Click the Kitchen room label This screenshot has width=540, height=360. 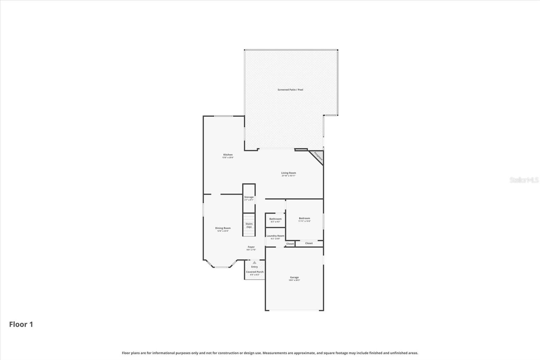coord(228,155)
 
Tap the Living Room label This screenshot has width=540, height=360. coord(289,173)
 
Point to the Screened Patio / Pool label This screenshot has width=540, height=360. coord(290,90)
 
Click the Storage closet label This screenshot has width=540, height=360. coord(249,197)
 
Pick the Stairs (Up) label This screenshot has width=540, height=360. coord(249,225)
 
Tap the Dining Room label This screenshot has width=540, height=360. coord(223,228)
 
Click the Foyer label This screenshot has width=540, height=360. coord(251,247)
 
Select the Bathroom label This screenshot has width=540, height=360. coord(275,219)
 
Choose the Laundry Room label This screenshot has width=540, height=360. coord(275,236)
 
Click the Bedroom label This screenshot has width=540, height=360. coord(304,218)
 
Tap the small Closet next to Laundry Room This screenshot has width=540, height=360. coord(290,244)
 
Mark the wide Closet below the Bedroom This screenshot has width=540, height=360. coord(309,243)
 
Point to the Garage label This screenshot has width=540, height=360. coord(294,277)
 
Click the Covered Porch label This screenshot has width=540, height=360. coord(255,272)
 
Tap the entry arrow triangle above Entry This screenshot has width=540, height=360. coord(254,262)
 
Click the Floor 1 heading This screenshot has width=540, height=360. coord(21,325)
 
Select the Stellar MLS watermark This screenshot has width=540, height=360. coord(524,180)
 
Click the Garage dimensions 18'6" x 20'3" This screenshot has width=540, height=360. coord(294,280)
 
